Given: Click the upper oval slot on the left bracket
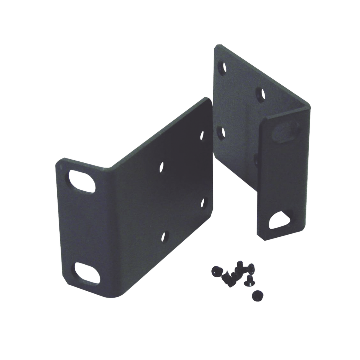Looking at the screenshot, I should point(82,181).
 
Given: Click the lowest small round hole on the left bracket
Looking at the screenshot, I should point(163,236).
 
